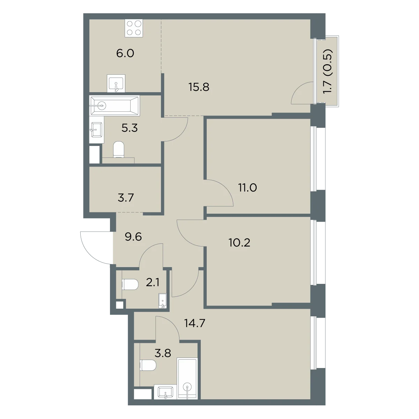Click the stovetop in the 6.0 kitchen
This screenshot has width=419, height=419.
tap(134, 28)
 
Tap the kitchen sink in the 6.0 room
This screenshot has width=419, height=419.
tap(116, 83)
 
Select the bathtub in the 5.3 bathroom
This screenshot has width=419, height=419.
tap(115, 106)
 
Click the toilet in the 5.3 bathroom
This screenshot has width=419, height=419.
tap(118, 149)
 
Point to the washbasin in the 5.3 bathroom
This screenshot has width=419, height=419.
tap(96, 130)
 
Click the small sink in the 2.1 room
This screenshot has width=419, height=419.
tap(163, 301)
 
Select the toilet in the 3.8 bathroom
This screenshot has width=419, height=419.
tap(148, 366)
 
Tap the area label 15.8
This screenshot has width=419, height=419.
tap(199, 87)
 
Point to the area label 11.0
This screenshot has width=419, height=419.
tap(248, 188)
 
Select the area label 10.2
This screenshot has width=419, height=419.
tap(240, 242)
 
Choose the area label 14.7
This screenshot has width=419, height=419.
tap(194, 323)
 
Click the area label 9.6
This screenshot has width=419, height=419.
tap(133, 237)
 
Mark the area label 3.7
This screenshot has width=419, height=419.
tap(126, 198)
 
